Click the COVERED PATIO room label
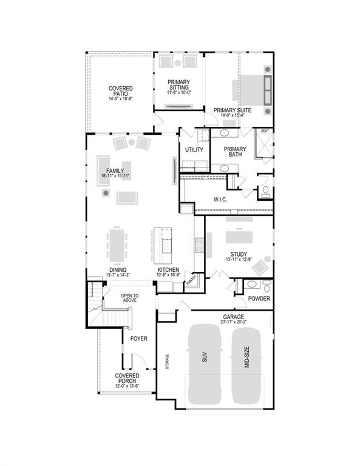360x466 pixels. pyautogui.click(x=121, y=92)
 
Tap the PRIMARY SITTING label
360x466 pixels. pyautogui.click(x=179, y=86)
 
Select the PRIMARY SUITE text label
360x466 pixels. pyautogui.click(x=232, y=110)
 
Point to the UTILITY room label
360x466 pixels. pyautogui.click(x=194, y=149)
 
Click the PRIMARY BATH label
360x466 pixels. pyautogui.click(x=235, y=152)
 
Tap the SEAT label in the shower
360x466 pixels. pyautogui.click(x=265, y=131)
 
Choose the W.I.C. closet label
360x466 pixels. pyautogui.click(x=220, y=199)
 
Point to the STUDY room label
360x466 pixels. pyautogui.click(x=238, y=255)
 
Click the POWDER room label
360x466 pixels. pyautogui.click(x=259, y=299)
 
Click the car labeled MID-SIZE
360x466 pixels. pyautogui.click(x=246, y=364)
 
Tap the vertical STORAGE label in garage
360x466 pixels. pyautogui.click(x=168, y=361)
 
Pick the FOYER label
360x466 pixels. pyautogui.click(x=139, y=339)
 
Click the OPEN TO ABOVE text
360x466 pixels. pyautogui.click(x=129, y=297)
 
